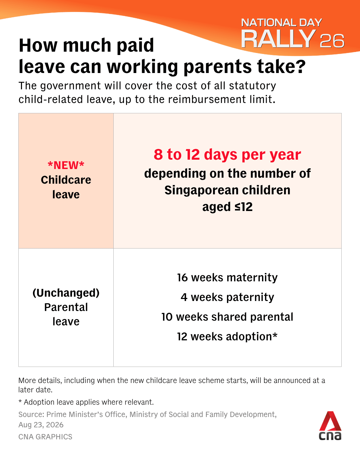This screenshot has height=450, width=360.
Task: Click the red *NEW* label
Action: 66,165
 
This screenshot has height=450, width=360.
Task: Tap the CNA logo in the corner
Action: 330,426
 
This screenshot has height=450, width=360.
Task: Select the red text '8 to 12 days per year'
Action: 227,155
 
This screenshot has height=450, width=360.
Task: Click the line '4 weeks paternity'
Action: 227,297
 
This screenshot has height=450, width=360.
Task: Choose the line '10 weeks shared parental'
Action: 227,317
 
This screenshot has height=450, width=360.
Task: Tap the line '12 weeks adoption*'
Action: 227,337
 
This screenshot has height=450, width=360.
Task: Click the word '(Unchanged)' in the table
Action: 66,293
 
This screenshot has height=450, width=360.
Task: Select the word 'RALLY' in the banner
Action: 278,39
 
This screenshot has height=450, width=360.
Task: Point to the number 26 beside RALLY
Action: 332,41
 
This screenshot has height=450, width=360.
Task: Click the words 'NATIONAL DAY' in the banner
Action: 282,23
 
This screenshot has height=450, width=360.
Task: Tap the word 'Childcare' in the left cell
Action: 66,180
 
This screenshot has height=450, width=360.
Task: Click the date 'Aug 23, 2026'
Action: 41,425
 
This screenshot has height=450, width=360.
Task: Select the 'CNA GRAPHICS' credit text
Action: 45,437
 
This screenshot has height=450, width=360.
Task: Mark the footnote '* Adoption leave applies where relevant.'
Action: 86,402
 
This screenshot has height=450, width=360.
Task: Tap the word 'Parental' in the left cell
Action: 66,307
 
